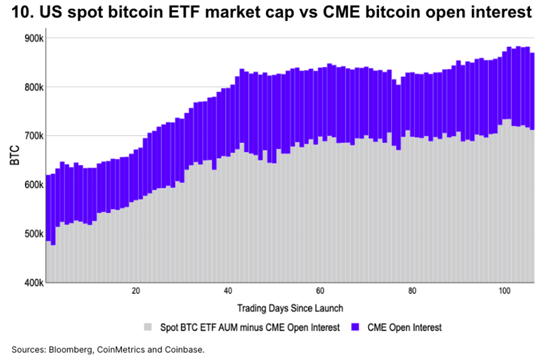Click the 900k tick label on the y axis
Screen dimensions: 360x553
tap(33, 38)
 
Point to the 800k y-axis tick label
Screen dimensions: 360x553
tap(33, 87)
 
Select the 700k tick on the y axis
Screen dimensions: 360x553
tap(33, 136)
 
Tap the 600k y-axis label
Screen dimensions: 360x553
tap(33, 185)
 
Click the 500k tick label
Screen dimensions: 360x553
tap(33, 234)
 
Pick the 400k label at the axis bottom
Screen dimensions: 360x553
tap(33, 283)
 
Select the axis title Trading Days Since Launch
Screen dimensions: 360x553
tap(290, 308)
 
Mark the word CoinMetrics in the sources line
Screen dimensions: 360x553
tap(127, 350)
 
